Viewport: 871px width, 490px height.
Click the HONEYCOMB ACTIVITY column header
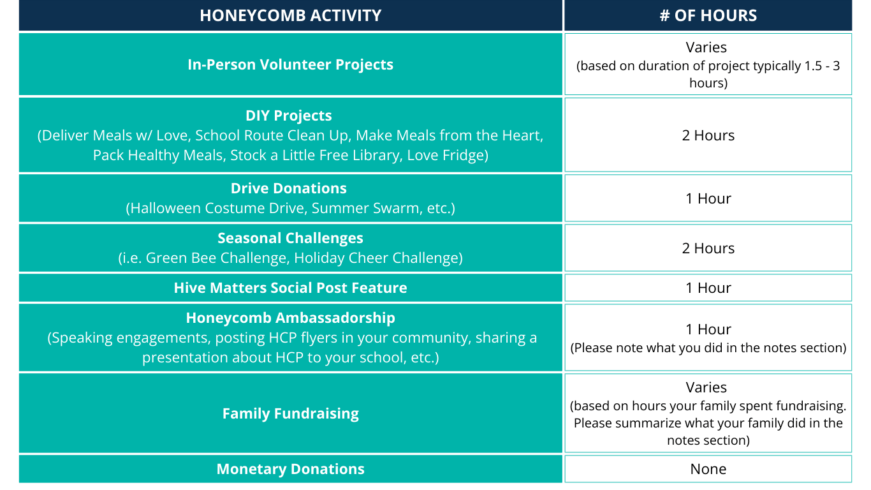coord(290,15)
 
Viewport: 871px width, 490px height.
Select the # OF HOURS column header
coord(708,15)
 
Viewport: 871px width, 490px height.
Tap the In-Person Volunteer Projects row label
coord(290,64)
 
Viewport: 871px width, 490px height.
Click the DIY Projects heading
coord(289,115)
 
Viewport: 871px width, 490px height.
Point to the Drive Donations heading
coord(289,188)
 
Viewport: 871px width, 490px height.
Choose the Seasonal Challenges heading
coord(290,238)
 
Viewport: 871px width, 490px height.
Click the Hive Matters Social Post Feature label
coord(290,288)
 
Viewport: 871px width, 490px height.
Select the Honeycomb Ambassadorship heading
coord(291,318)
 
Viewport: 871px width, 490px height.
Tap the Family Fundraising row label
coord(290,413)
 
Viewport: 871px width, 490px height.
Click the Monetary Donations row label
coord(290,469)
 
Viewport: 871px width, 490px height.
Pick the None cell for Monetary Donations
coord(708,469)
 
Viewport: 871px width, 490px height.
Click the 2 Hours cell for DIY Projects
coord(708,135)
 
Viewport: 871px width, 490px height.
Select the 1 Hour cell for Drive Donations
coord(708,198)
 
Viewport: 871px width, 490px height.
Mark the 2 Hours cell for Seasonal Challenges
coord(708,248)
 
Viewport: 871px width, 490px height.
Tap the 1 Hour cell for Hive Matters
coord(708,288)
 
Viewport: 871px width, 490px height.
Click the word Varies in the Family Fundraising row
coord(706,387)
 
